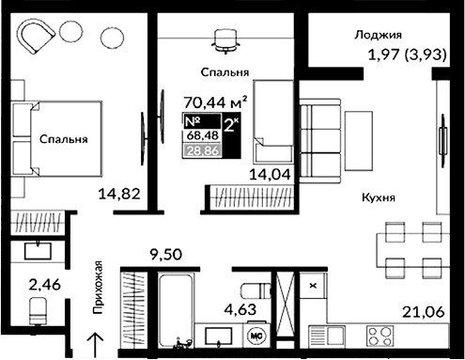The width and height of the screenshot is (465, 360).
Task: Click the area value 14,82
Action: (119, 195)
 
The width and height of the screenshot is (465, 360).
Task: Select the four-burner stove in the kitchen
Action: (384, 337)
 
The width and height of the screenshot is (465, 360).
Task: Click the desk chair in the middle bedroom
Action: (224, 39)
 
